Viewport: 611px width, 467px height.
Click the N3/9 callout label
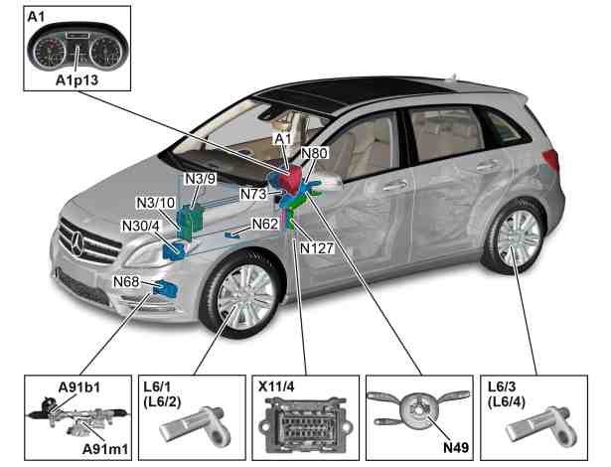pos(200,179)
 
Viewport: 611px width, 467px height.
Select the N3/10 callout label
pos(156,203)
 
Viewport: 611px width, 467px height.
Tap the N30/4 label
pos(141,226)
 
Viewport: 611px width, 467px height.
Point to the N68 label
pos(126,281)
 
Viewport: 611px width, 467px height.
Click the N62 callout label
pos(265,225)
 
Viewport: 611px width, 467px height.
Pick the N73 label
pos(253,194)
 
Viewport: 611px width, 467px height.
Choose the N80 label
pos(315,153)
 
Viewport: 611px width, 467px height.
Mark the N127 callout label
pos(317,248)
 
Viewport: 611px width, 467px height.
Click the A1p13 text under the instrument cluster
pos(76,80)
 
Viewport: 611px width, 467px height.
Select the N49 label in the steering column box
pos(456,447)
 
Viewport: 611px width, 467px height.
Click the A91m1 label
pos(105,449)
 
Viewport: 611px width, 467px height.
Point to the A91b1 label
pos(79,388)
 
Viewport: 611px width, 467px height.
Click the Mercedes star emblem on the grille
pos(77,243)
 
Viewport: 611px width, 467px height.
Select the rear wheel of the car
pos(515,235)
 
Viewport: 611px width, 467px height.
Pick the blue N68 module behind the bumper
pos(166,289)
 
